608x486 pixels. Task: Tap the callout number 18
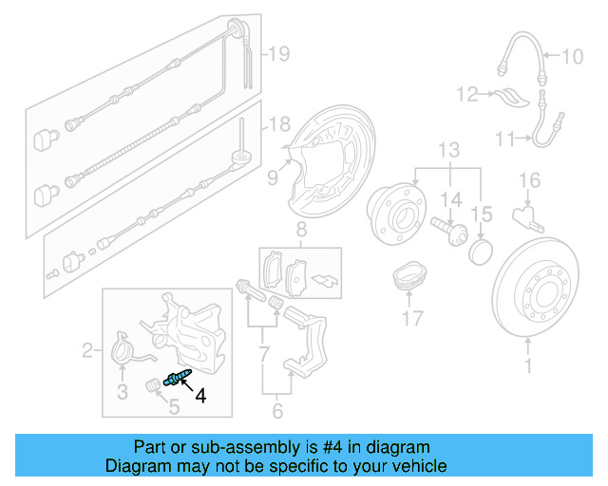(276, 124)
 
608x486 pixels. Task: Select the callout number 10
(572, 57)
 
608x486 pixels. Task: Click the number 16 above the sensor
(529, 179)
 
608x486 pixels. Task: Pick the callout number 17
(411, 318)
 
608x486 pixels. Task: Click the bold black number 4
(199, 397)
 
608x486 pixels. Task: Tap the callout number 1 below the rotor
(529, 364)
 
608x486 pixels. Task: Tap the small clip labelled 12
(510, 97)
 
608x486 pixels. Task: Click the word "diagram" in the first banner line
(398, 447)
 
